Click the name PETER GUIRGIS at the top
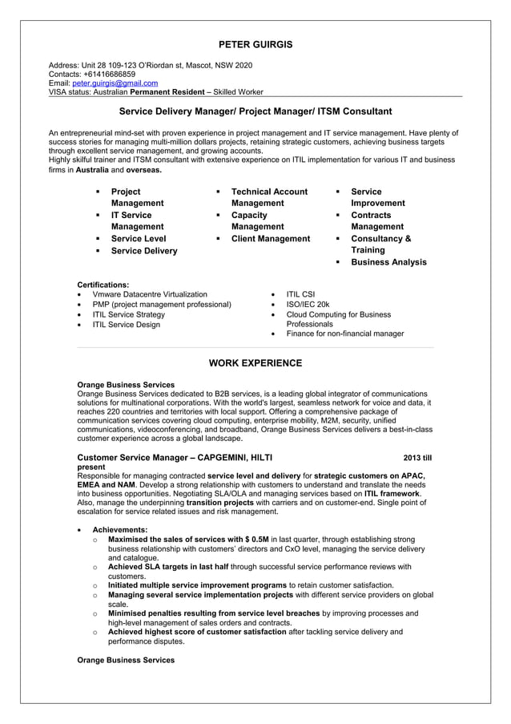coord(255,44)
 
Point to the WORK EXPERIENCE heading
coord(255,363)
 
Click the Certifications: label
coord(103,285)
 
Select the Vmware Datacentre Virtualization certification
coord(150,294)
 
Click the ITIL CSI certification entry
coord(301,294)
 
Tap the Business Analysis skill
coord(388,262)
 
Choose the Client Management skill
coord(270,239)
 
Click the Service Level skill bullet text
coord(139,239)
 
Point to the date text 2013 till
coord(417,458)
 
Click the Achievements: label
coord(119,530)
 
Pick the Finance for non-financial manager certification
coord(345,334)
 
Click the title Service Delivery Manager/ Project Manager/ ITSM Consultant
coord(255,111)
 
